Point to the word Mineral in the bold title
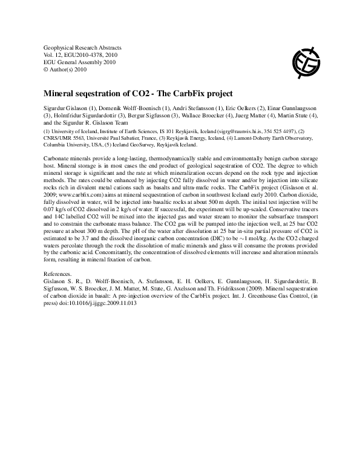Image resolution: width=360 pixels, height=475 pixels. click(x=58, y=94)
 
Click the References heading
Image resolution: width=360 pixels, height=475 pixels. click(x=59, y=274)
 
